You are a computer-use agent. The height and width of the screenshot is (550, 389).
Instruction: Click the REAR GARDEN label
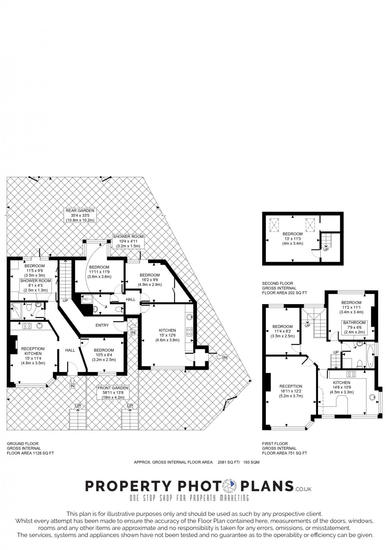pyautogui.click(x=80, y=215)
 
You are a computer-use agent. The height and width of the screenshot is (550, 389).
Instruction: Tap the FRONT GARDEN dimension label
pyautogui.click(x=113, y=393)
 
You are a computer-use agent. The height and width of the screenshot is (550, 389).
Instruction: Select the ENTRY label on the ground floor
pyautogui.click(x=102, y=325)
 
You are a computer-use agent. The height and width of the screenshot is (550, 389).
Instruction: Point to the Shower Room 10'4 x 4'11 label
pyautogui.click(x=128, y=241)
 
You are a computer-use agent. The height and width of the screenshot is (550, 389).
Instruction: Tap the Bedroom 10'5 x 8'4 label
pyautogui.click(x=104, y=355)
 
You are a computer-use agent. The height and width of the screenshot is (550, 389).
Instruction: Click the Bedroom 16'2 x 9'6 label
pyautogui.click(x=149, y=280)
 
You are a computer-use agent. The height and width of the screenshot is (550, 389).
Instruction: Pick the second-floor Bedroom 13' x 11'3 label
pyautogui.click(x=293, y=238)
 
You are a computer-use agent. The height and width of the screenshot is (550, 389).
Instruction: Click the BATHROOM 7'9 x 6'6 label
pyautogui.click(x=354, y=327)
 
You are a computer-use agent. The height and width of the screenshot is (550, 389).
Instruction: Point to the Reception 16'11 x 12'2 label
pyautogui.click(x=291, y=391)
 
